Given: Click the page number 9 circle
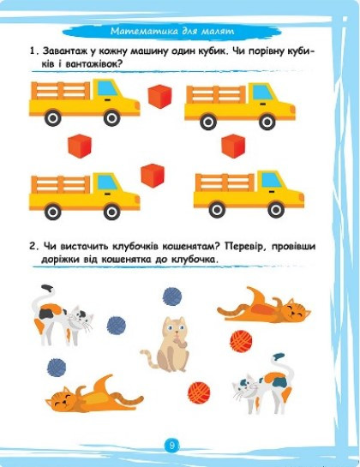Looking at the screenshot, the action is coord(171,446).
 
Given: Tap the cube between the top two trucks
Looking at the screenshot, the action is coord(160,97).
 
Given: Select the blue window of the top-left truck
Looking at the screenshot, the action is coord(107,88).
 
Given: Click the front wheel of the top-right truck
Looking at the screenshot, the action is coord(267,122).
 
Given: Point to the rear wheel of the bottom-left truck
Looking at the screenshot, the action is coord(53,212).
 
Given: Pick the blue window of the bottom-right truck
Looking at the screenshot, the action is coord(271,180).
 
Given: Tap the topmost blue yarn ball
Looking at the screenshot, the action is coord(172,296).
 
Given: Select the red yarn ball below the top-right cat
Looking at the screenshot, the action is coord(241,341).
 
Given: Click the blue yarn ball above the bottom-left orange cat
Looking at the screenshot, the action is coord(57,368).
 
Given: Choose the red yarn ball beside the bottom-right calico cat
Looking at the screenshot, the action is coord(199,392).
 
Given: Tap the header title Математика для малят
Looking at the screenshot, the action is coord(172,31).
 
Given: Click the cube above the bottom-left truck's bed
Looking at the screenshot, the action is coord(80,146).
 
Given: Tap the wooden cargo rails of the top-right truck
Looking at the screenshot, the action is coord(216,94).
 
